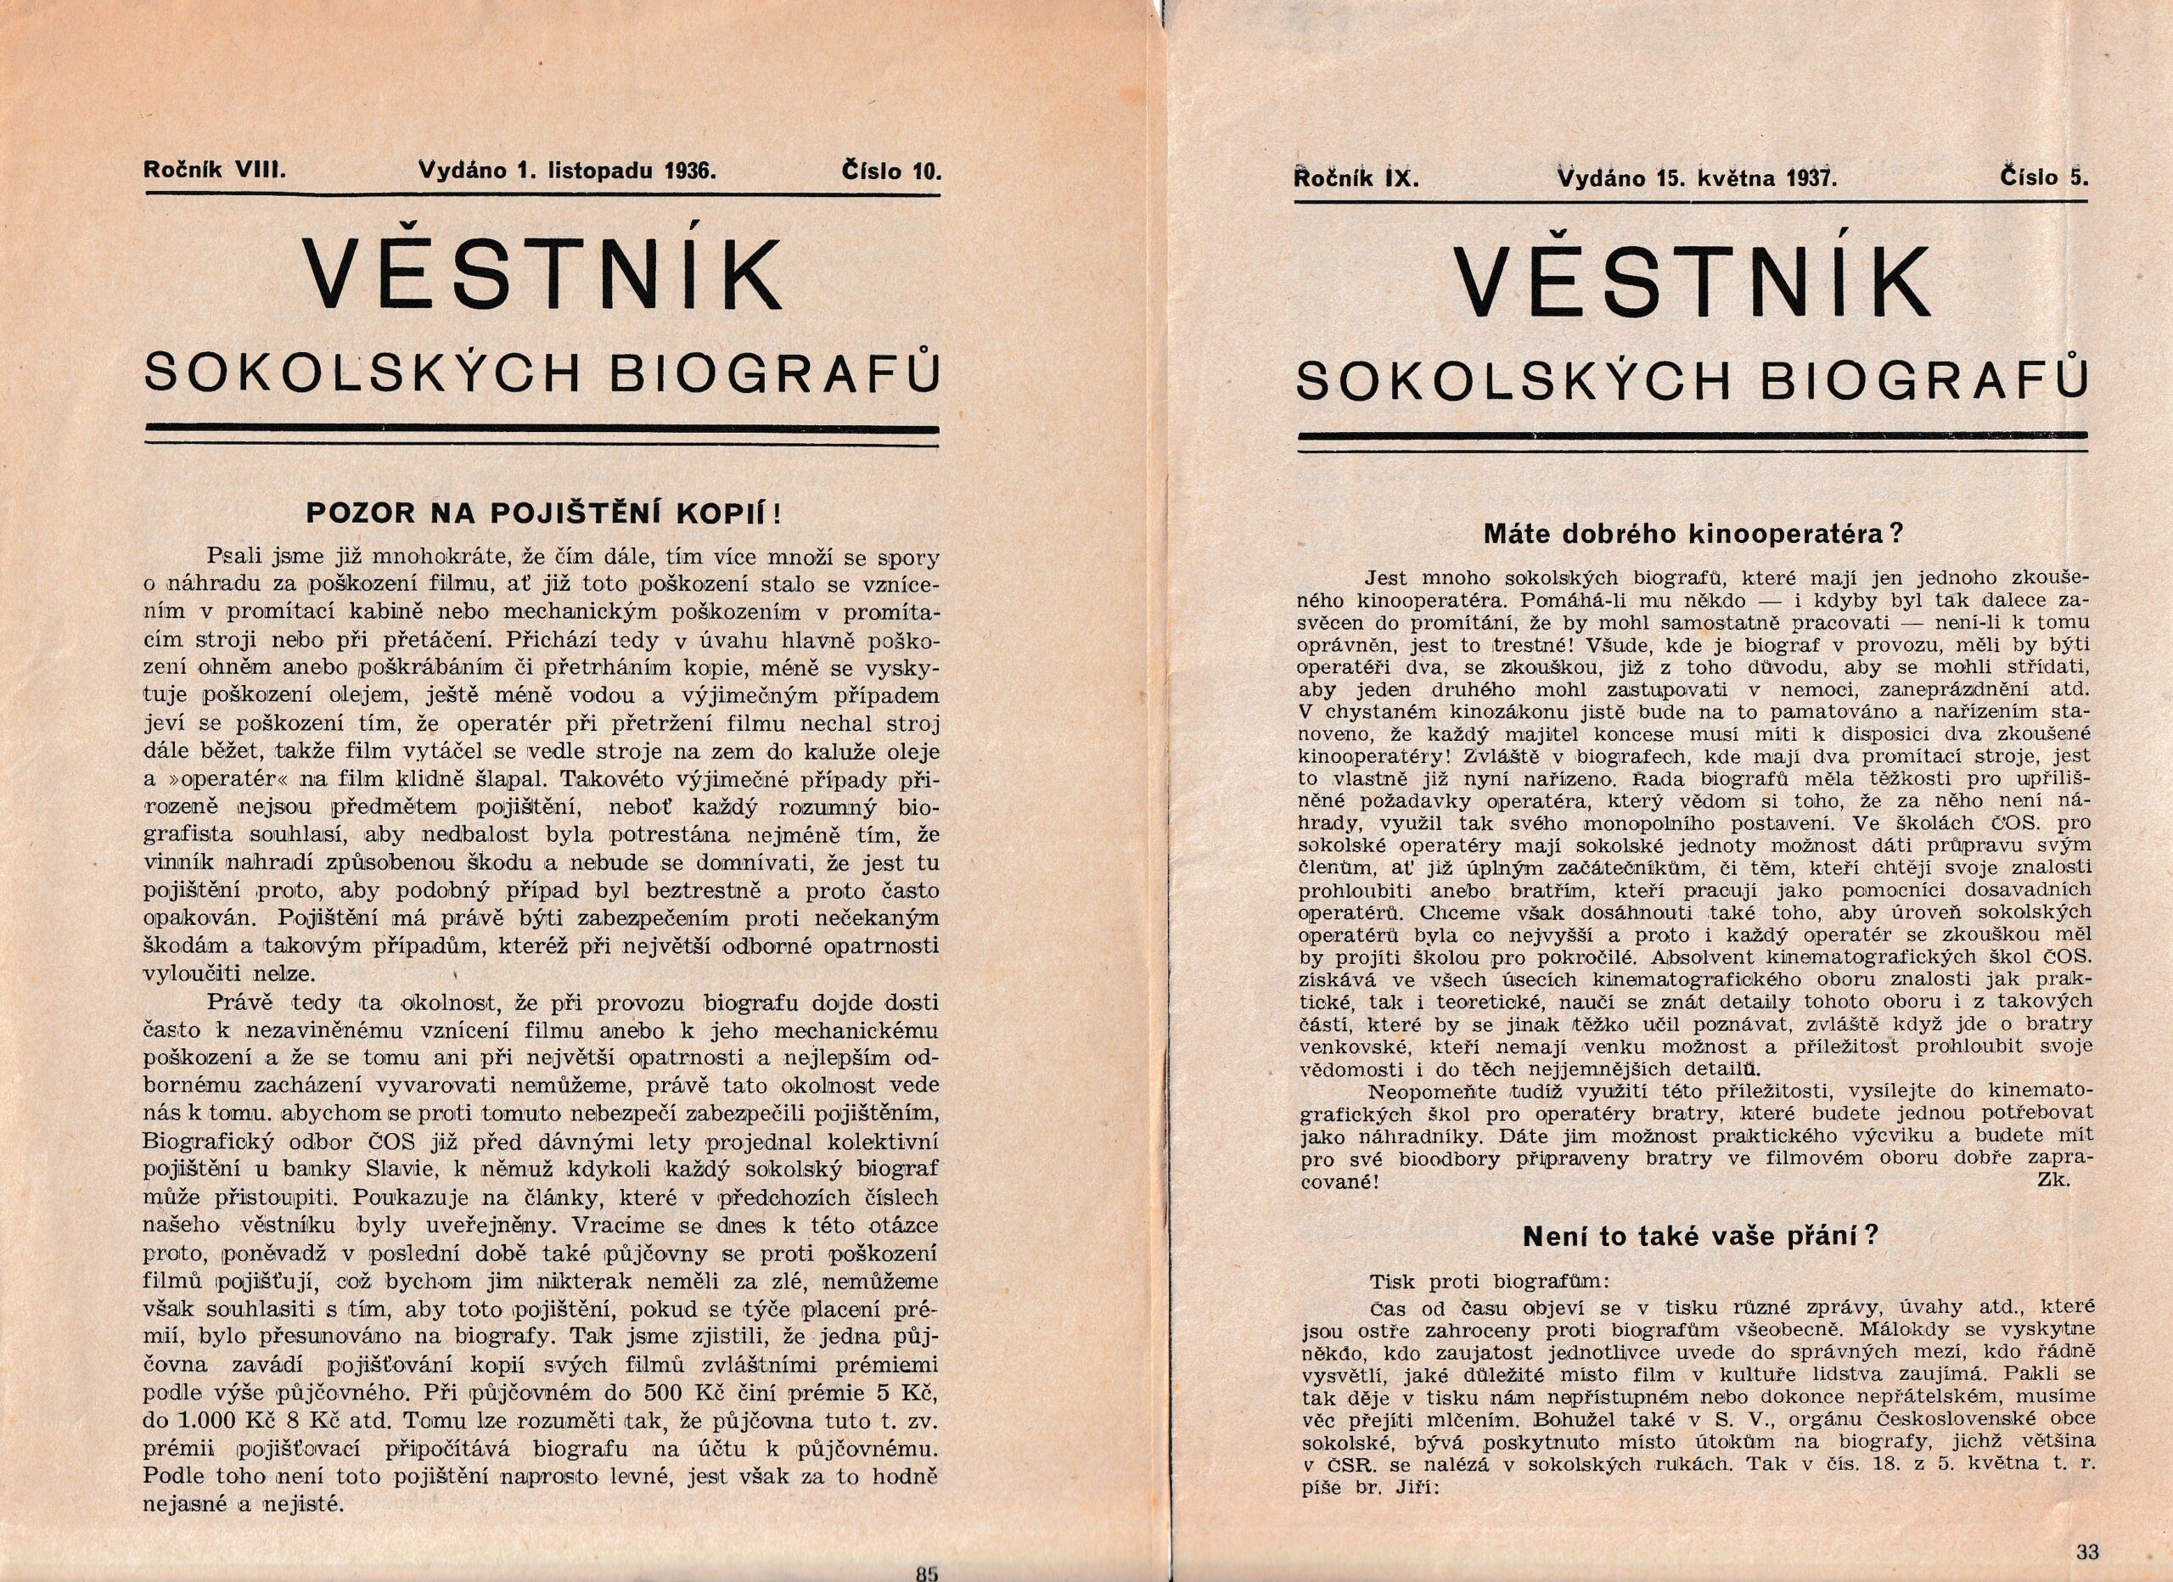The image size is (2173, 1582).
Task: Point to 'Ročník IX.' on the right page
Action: tap(1355, 177)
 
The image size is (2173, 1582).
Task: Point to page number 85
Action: tap(926, 1573)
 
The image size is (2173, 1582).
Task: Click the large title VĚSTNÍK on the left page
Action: tap(542, 274)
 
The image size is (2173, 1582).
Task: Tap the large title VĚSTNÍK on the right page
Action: tap(1692, 280)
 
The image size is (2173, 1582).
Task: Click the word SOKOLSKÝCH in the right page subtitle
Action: tap(1519, 380)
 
